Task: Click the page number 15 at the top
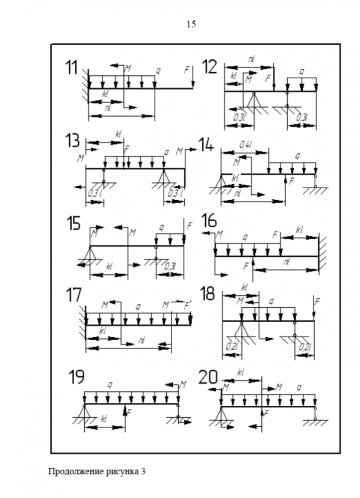tap(191, 24)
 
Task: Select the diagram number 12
tap(212, 66)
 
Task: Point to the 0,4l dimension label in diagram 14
tap(245, 144)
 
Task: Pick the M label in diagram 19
tap(183, 384)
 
